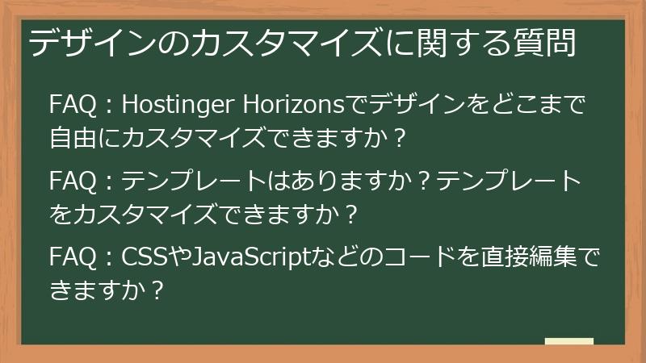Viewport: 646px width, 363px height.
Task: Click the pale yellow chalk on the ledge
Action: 568,342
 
